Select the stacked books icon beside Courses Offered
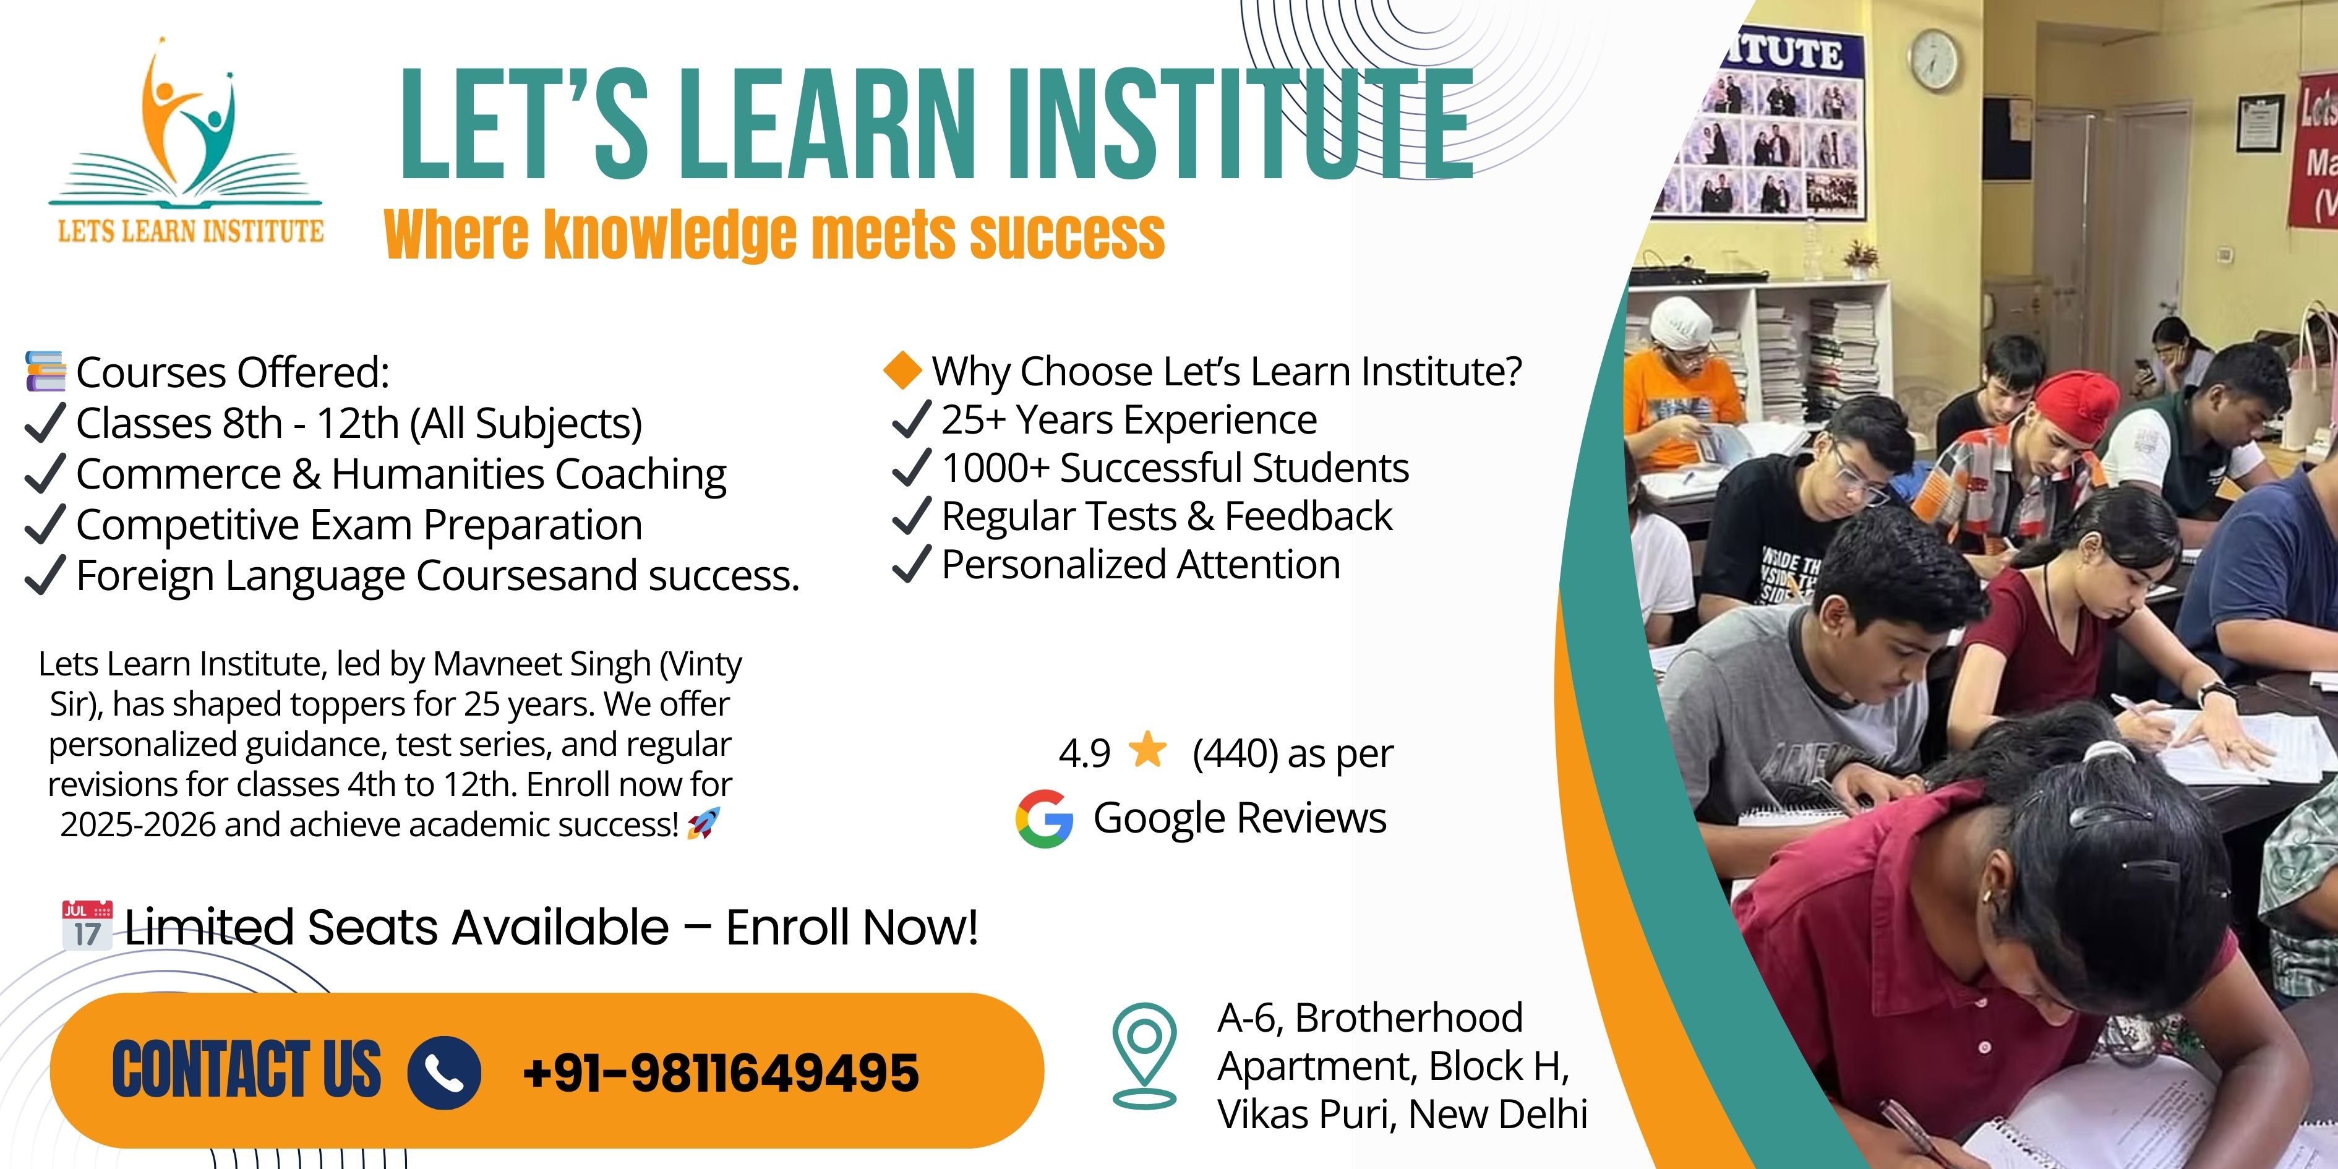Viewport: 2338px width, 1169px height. [45, 371]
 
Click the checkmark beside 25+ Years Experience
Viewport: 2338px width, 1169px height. [911, 419]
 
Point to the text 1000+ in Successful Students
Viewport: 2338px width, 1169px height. [996, 468]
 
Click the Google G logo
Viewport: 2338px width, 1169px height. [1045, 819]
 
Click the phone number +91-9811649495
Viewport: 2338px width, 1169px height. [721, 1072]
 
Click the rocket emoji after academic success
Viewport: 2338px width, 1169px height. [703, 824]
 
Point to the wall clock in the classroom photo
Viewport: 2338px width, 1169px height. [1934, 60]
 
